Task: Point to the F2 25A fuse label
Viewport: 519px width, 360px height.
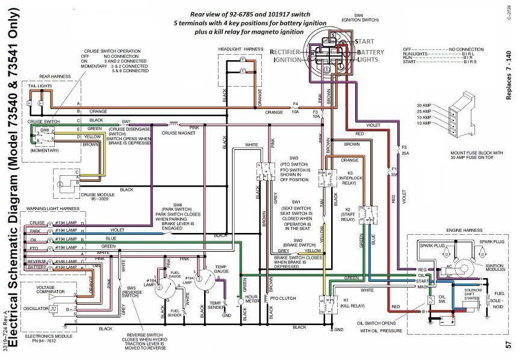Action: (404, 151)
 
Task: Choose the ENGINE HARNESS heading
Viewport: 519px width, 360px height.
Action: (462, 231)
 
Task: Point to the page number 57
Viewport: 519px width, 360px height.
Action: (509, 344)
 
